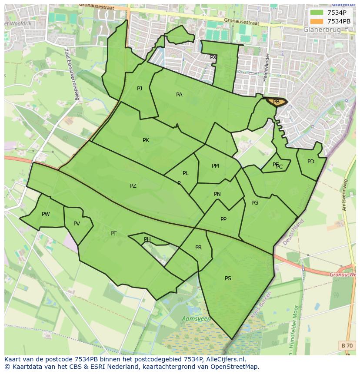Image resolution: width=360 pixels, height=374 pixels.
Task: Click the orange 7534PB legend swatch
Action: pyautogui.click(x=316, y=21)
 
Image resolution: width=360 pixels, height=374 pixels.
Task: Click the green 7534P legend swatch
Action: pyautogui.click(x=316, y=13)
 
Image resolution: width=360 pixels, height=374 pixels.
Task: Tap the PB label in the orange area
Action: pyautogui.click(x=276, y=102)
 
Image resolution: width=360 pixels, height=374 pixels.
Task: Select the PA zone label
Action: pyautogui.click(x=179, y=95)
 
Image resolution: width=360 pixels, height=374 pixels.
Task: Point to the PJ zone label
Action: pyautogui.click(x=140, y=89)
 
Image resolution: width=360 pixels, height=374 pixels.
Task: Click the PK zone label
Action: pyautogui.click(x=146, y=140)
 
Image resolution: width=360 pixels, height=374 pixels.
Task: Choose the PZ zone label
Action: pyautogui.click(x=133, y=186)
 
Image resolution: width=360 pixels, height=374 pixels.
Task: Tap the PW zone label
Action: pyautogui.click(x=46, y=214)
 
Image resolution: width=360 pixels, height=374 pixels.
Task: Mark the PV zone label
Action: pyautogui.click(x=77, y=224)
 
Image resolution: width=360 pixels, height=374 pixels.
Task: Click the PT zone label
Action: pyautogui.click(x=113, y=234)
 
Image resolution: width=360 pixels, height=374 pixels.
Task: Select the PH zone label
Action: pyautogui.click(x=147, y=239)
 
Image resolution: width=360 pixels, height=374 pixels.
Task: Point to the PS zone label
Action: pyautogui.click(x=228, y=278)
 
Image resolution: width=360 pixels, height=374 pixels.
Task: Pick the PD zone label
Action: pyautogui.click(x=310, y=162)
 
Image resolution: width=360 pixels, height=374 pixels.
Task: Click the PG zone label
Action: pyautogui.click(x=255, y=203)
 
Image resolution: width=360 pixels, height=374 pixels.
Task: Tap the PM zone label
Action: pyautogui.click(x=215, y=166)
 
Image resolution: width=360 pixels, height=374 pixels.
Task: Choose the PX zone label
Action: pyautogui.click(x=213, y=57)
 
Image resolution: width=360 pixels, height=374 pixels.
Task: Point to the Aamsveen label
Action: pyautogui.click(x=196, y=319)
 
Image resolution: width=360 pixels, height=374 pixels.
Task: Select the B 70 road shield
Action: pyautogui.click(x=347, y=345)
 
